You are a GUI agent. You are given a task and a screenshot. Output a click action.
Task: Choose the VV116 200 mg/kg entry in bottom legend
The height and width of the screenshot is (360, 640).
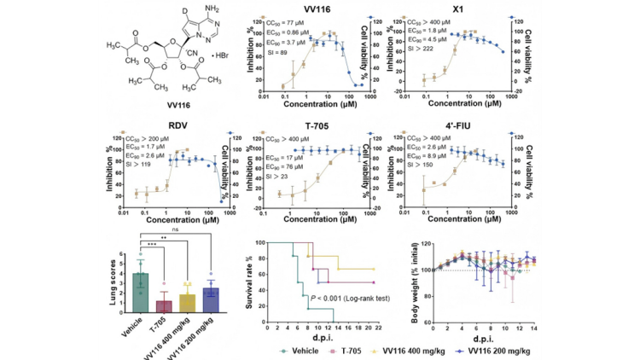[528, 350]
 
